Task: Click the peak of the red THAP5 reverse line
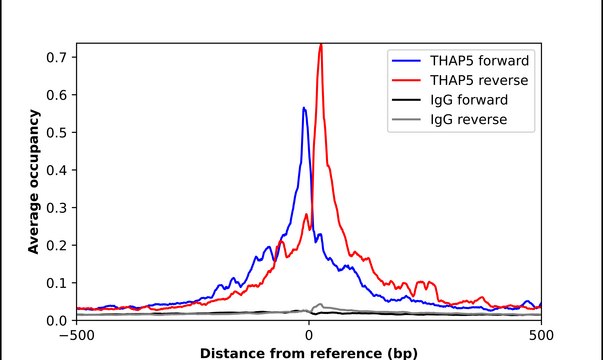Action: (320, 45)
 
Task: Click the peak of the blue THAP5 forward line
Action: (304, 108)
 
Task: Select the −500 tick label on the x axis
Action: (76, 335)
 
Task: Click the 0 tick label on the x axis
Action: (308, 335)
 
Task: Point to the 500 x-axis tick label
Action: (541, 335)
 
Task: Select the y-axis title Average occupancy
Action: (34, 182)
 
